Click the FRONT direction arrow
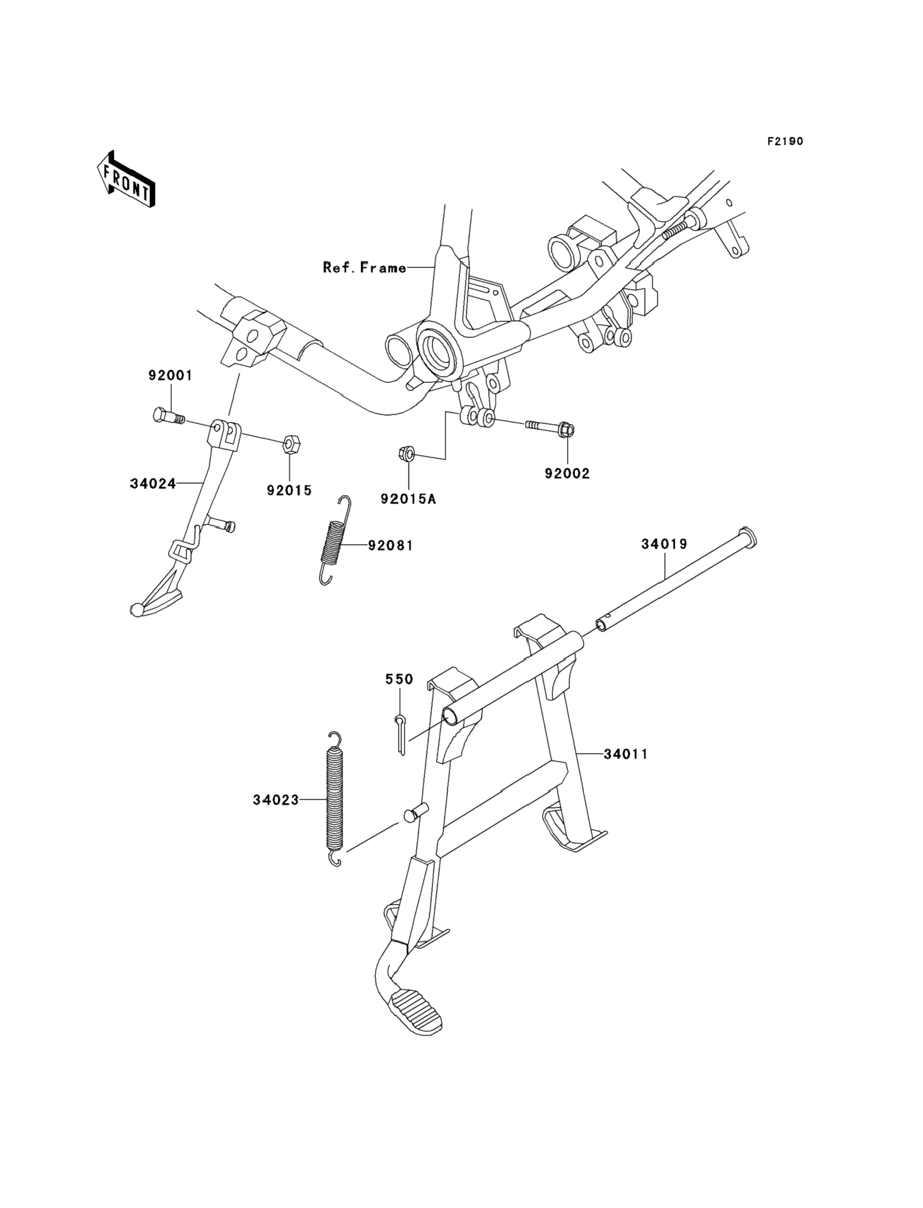pyautogui.click(x=126, y=180)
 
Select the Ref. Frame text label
pyautogui.click(x=364, y=268)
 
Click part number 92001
pyautogui.click(x=170, y=375)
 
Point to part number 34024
pyautogui.click(x=153, y=483)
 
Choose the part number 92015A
pyautogui.click(x=408, y=499)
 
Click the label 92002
pyautogui.click(x=567, y=473)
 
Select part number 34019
pyautogui.click(x=664, y=544)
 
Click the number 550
pyautogui.click(x=399, y=679)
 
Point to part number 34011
pyautogui.click(x=626, y=754)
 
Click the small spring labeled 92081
pyautogui.click(x=334, y=541)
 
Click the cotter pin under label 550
pyautogui.click(x=401, y=734)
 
